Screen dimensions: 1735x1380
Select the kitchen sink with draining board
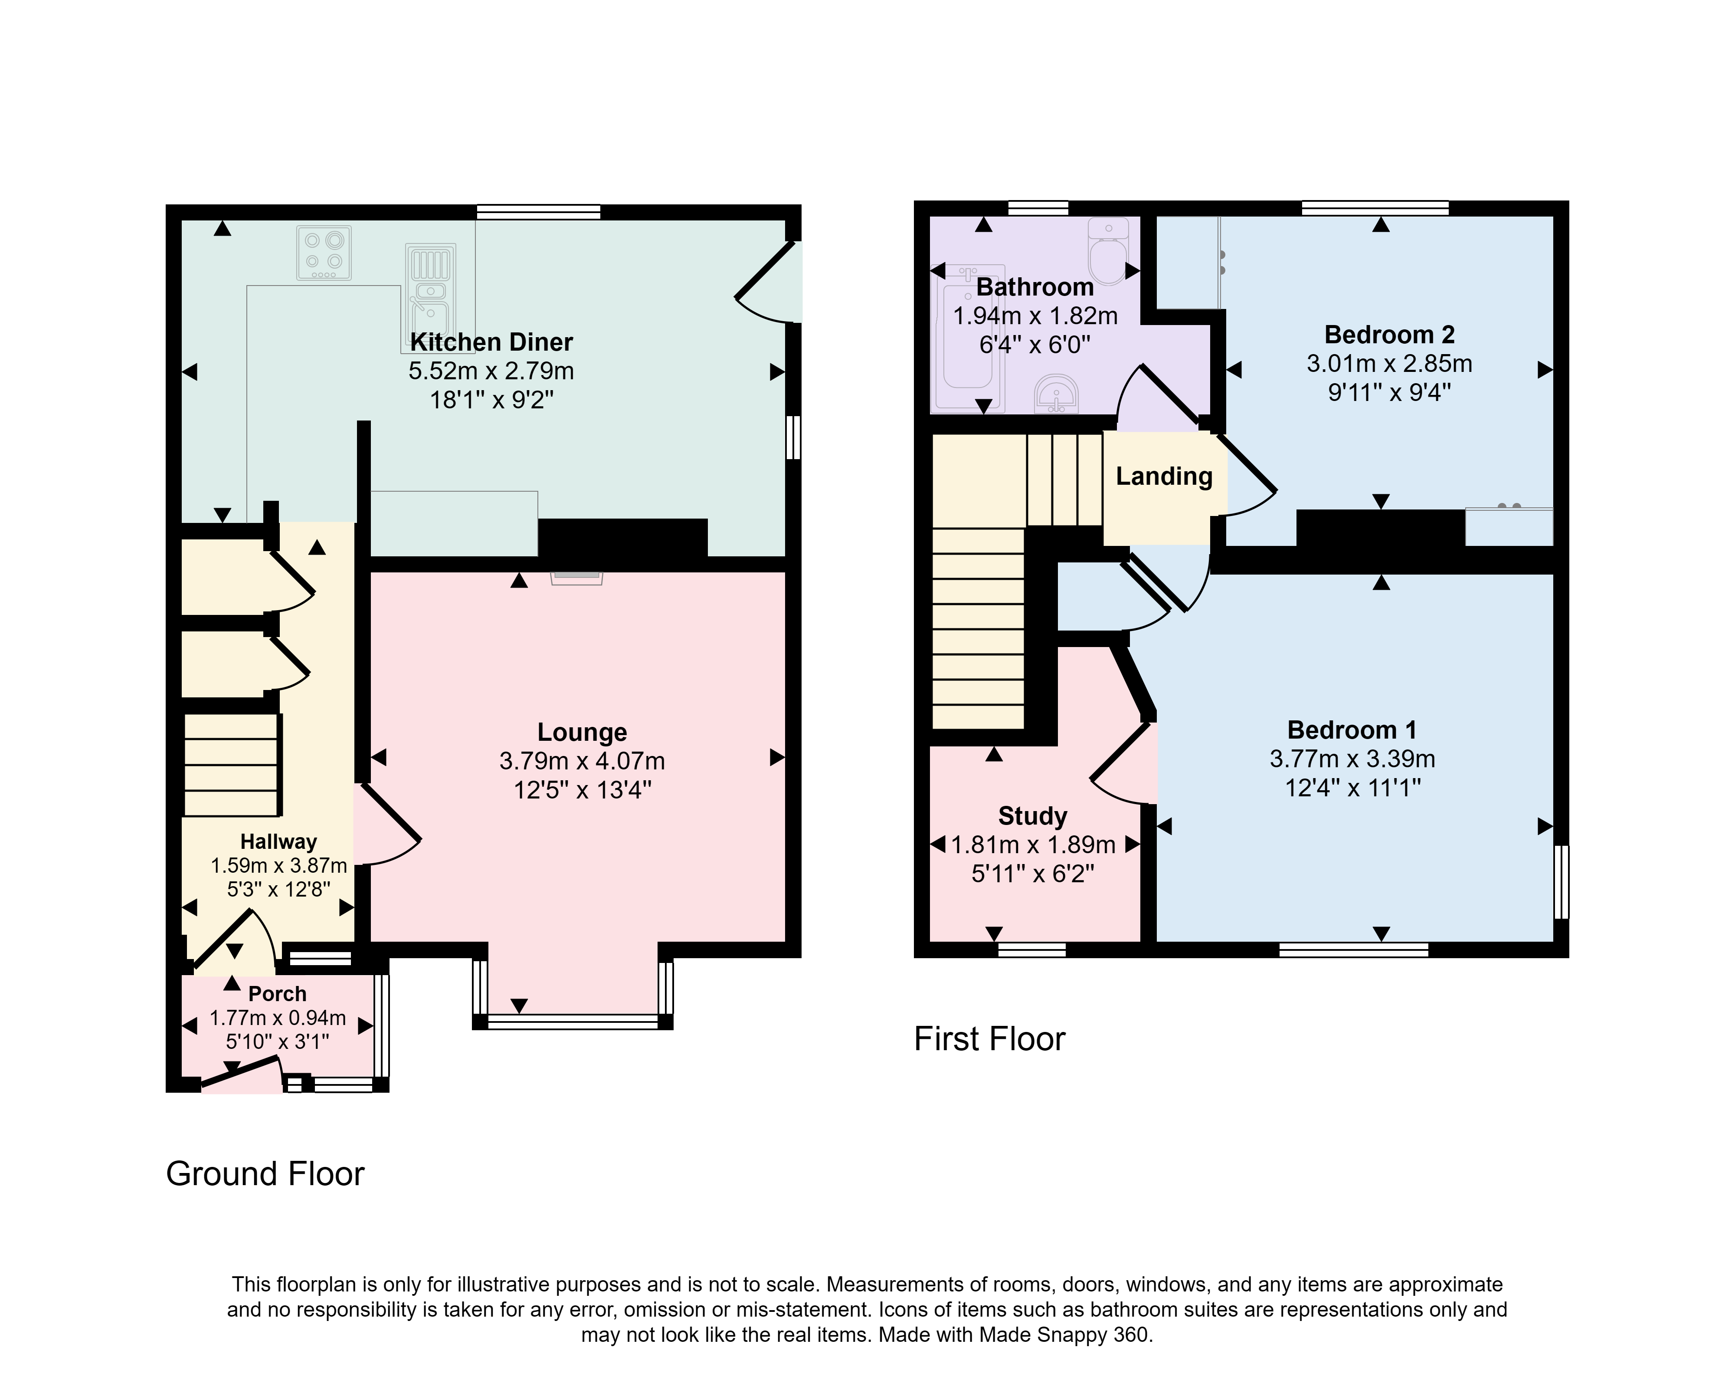pos(429,298)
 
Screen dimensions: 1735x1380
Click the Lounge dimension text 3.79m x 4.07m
pos(582,761)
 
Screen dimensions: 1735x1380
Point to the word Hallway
pos(278,842)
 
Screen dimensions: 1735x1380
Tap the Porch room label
pos(278,994)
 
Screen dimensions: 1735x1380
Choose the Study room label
pos(1032,816)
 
